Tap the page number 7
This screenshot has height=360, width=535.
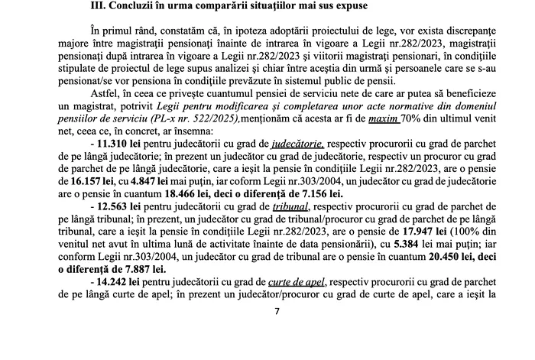tap(277, 311)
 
